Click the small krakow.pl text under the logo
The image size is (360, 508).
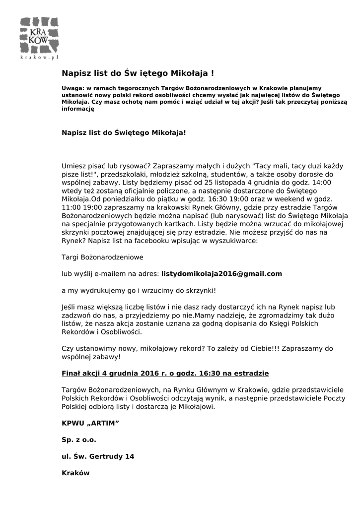39,58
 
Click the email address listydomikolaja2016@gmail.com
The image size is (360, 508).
221,273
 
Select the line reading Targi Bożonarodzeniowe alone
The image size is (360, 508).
102,257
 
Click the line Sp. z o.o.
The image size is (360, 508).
79,440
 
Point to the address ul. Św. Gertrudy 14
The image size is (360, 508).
98,456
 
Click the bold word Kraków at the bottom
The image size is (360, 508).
75,473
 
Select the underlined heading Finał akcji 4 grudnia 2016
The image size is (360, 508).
165,373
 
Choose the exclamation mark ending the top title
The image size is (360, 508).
213,73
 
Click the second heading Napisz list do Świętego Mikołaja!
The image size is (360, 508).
124,133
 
